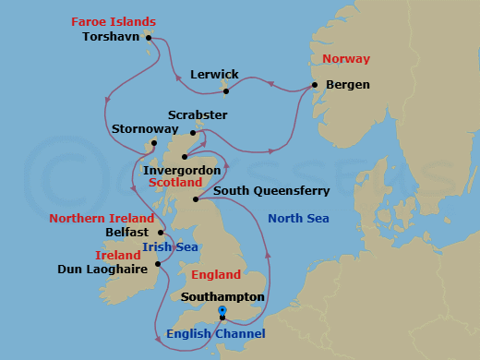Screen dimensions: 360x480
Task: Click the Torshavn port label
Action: (107, 39)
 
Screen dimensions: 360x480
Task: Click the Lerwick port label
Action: (214, 74)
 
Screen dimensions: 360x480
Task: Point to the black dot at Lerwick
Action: (226, 90)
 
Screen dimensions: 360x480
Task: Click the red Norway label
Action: (345, 59)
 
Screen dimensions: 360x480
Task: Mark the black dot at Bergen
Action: (315, 85)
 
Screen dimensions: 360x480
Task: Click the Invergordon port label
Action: (182, 171)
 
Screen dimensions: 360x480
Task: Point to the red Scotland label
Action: (175, 183)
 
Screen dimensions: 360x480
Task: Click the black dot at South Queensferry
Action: (196, 199)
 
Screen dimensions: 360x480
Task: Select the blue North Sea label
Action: (298, 218)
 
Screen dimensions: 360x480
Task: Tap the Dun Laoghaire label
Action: (102, 270)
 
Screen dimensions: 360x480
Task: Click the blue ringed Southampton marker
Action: (222, 310)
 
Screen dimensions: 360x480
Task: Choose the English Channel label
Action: (216, 333)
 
